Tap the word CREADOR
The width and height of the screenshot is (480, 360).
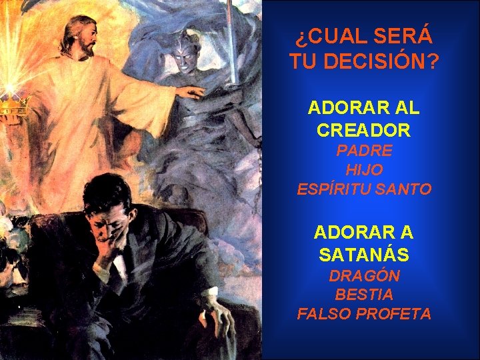(364, 130)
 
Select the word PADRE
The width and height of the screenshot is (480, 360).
(364, 151)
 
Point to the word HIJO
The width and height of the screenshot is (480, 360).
(364, 170)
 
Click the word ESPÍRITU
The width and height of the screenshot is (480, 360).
(330, 189)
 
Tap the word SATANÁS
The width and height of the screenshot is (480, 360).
(364, 255)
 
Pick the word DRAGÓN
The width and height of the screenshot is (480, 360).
(364, 275)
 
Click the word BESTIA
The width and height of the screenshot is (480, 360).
(364, 294)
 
